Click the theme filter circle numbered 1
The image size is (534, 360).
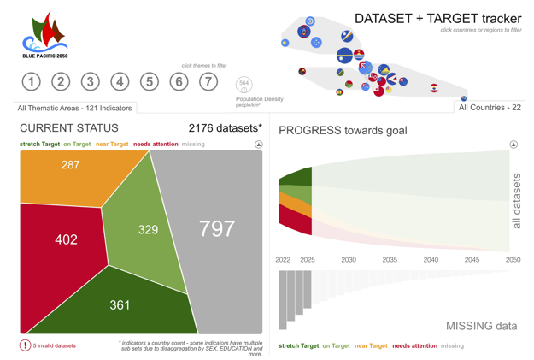31,82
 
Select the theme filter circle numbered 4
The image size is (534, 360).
120,82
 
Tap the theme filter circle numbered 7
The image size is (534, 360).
208,82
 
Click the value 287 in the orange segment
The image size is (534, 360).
70,165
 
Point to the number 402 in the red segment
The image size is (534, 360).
66,239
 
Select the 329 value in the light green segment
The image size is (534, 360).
148,229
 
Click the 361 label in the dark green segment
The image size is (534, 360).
120,304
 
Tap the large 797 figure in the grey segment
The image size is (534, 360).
216,228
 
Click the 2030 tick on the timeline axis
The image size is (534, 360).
349,260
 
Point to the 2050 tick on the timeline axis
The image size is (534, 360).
513,260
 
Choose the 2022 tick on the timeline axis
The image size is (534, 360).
283,260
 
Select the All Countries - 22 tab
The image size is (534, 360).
490,108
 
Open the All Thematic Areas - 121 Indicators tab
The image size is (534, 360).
75,109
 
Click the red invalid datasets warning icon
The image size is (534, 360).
25,345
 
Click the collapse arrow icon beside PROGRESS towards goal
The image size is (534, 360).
513,145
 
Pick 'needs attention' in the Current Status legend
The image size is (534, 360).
156,145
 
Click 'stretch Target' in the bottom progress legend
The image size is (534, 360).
298,346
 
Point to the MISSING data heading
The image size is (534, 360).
481,326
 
